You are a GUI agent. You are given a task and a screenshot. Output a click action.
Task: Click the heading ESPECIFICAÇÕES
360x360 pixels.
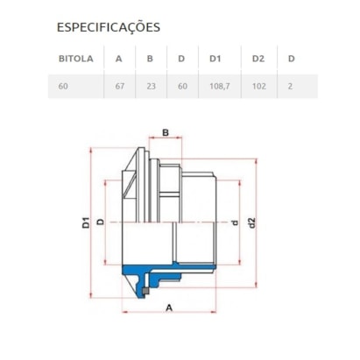(x=109, y=27)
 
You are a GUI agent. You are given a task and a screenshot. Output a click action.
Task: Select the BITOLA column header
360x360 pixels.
(x=76, y=59)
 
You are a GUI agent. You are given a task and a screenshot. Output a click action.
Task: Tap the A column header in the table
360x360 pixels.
(x=118, y=59)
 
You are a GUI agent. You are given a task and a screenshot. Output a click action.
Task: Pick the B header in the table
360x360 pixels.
(x=150, y=59)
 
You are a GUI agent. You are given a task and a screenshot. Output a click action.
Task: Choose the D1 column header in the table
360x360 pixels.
(x=215, y=59)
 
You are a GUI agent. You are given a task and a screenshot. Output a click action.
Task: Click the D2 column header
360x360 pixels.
(x=258, y=59)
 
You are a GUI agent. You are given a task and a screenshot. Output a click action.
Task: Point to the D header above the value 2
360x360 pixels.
(x=292, y=59)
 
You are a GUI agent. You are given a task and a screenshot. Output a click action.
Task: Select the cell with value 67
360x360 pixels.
(x=120, y=87)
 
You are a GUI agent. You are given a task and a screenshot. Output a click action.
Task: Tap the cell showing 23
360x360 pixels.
(x=152, y=87)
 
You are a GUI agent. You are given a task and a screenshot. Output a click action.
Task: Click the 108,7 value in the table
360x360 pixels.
(x=220, y=87)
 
